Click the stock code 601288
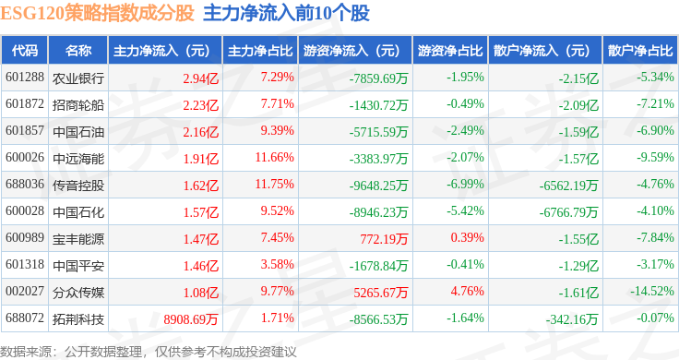pyautogui.click(x=25, y=78)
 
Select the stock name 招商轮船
pyautogui.click(x=78, y=105)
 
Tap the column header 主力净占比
pyautogui.click(x=260, y=51)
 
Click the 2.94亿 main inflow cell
pyautogui.click(x=201, y=78)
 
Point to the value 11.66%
pyautogui.click(x=275, y=157)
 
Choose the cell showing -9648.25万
pyautogui.click(x=379, y=186)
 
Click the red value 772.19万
pyautogui.click(x=384, y=239)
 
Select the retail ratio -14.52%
pyautogui.click(x=652, y=291)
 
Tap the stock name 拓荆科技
pyautogui.click(x=78, y=319)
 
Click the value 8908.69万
pyautogui.click(x=191, y=319)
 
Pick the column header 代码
pyautogui.click(x=25, y=51)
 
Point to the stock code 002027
pyautogui.click(x=25, y=291)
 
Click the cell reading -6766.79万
pyautogui.click(x=568, y=212)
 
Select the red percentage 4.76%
pyautogui.click(x=467, y=291)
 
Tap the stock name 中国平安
pyautogui.click(x=78, y=266)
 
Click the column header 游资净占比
pyautogui.click(x=450, y=51)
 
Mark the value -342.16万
pyautogui.click(x=572, y=319)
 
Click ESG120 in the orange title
pyautogui.click(x=32, y=14)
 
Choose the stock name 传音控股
pyautogui.click(x=78, y=186)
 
